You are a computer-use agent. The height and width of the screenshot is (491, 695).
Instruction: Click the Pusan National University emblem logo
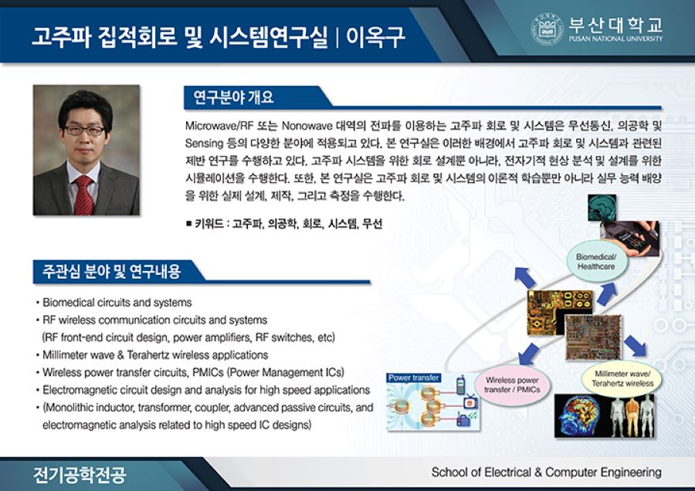coord(547,29)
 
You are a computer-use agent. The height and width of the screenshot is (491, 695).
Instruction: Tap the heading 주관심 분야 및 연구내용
coord(112,271)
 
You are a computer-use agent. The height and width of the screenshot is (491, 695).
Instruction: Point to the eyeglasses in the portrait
coord(84,130)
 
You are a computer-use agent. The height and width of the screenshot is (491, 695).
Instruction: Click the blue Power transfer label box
coord(414,378)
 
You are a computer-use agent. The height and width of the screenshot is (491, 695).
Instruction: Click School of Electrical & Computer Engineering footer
coord(546,472)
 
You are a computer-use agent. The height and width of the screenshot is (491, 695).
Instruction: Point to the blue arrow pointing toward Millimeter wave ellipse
coord(635,344)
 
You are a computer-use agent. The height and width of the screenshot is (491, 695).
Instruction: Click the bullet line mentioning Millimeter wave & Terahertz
coord(155,355)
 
